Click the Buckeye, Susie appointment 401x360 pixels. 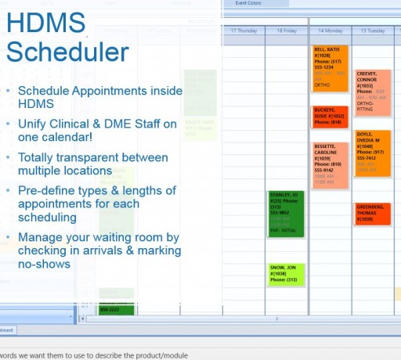pyautogui.click(x=330, y=117)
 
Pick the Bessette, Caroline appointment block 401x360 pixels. pyautogui.click(x=330, y=165)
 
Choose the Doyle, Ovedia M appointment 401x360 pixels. pyautogui.click(x=372, y=153)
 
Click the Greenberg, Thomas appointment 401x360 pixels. pyautogui.click(x=372, y=214)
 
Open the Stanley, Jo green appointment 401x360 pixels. pyautogui.click(x=285, y=212)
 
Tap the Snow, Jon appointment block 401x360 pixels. pyautogui.click(x=285, y=274)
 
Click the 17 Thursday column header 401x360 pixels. pyautogui.click(x=243, y=31)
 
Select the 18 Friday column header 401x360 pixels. pyautogui.click(x=286, y=31)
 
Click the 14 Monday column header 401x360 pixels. pyautogui.click(x=330, y=31)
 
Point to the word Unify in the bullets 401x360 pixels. pyautogui.click(x=34, y=124)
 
